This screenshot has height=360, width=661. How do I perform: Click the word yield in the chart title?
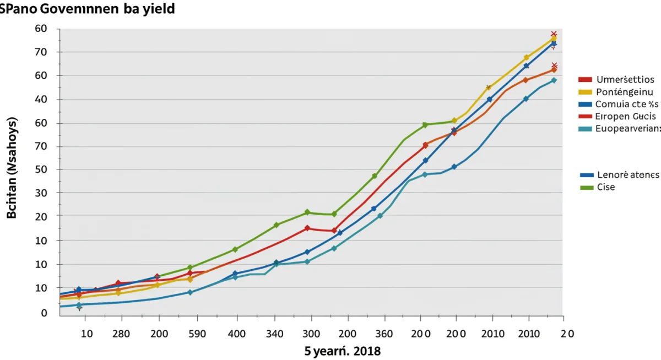[156, 9]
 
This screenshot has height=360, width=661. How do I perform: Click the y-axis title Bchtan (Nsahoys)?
[12, 168]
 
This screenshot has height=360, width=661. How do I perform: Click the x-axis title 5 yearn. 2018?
[342, 351]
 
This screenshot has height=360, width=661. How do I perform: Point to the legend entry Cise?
[605, 187]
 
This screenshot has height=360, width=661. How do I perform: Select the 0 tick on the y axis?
[44, 313]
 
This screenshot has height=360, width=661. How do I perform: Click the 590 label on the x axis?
[197, 334]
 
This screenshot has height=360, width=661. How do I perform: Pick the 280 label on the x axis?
[121, 334]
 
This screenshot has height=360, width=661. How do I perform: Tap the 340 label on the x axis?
[275, 334]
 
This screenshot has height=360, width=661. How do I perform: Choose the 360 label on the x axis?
[383, 334]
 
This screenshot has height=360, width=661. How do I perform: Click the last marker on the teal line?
[554, 80]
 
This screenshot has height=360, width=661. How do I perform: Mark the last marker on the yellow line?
[553, 39]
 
